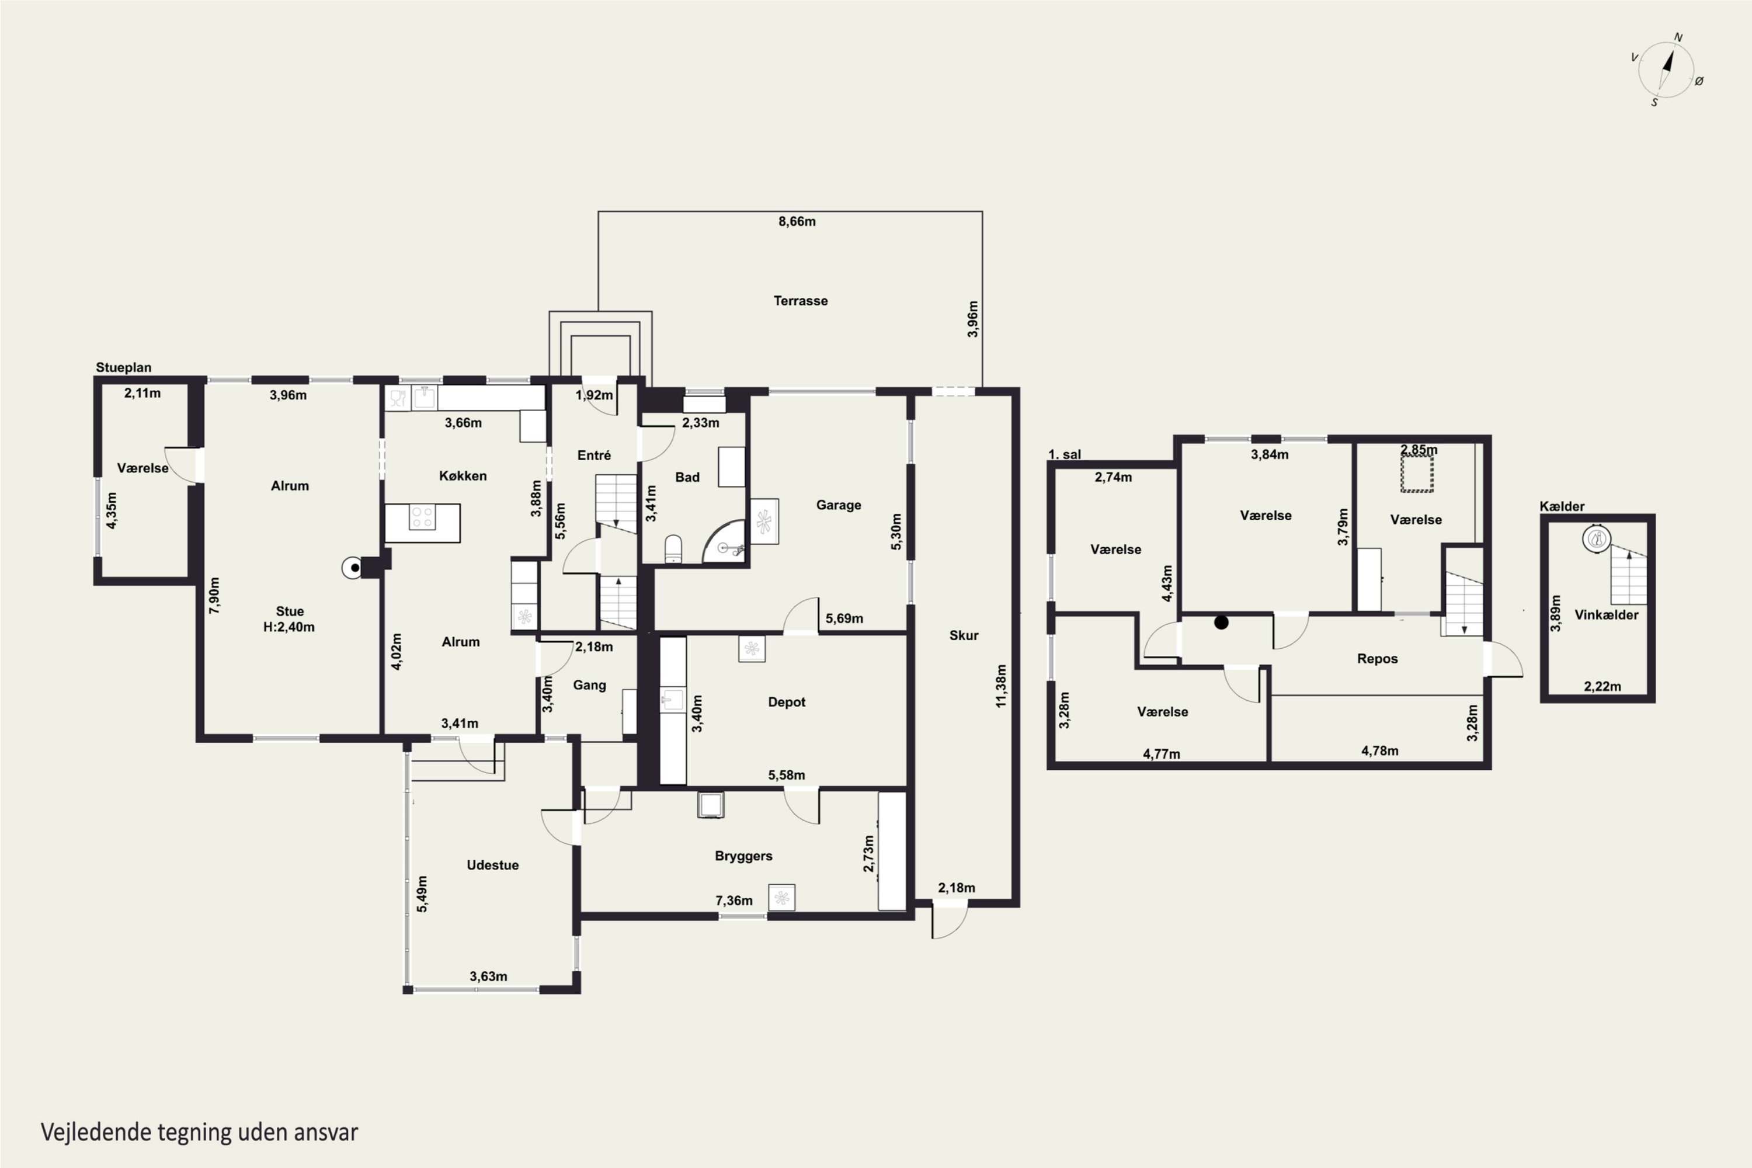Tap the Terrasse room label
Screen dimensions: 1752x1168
pyautogui.click(x=800, y=301)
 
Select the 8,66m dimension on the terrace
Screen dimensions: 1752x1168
pyautogui.click(x=797, y=221)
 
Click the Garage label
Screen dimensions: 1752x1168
pyautogui.click(x=838, y=505)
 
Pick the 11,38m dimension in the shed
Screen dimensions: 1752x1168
pyautogui.click(x=1001, y=686)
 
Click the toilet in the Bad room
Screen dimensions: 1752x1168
pyautogui.click(x=673, y=549)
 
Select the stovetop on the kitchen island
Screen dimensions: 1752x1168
pyautogui.click(x=422, y=517)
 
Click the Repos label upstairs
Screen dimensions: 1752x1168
pyautogui.click(x=1377, y=659)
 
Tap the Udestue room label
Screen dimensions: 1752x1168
pyautogui.click(x=492, y=865)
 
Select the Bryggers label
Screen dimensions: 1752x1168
pyautogui.click(x=743, y=857)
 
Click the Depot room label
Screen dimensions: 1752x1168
pyautogui.click(x=787, y=703)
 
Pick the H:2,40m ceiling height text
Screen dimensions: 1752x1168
pyautogui.click(x=289, y=627)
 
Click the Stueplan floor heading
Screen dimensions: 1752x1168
pyautogui.click(x=124, y=368)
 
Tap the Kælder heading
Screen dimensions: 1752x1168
pyautogui.click(x=1562, y=506)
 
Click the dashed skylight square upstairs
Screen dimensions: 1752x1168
pyautogui.click(x=1417, y=474)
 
